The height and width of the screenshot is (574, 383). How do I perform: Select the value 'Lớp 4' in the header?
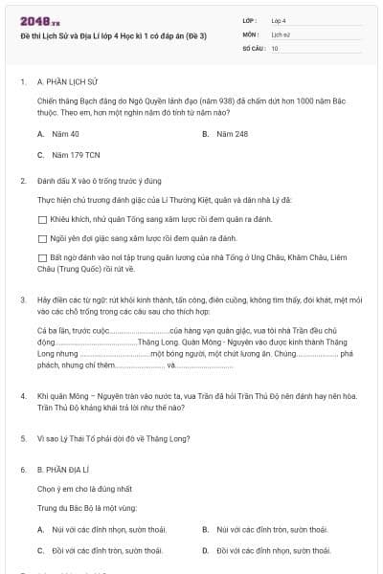[x=279, y=19]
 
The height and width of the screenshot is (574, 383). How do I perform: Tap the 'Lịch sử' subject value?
[x=280, y=33]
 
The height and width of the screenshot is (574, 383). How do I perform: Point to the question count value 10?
[x=275, y=47]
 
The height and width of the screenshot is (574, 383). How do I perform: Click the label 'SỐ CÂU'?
[x=252, y=47]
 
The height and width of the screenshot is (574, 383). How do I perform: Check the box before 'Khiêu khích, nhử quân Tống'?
[x=42, y=219]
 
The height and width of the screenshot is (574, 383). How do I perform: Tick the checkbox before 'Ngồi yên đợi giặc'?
[x=42, y=237]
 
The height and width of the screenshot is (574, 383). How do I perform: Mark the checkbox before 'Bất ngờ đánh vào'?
[x=42, y=257]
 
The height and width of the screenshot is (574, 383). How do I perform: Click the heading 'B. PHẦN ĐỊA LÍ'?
[x=67, y=471]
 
